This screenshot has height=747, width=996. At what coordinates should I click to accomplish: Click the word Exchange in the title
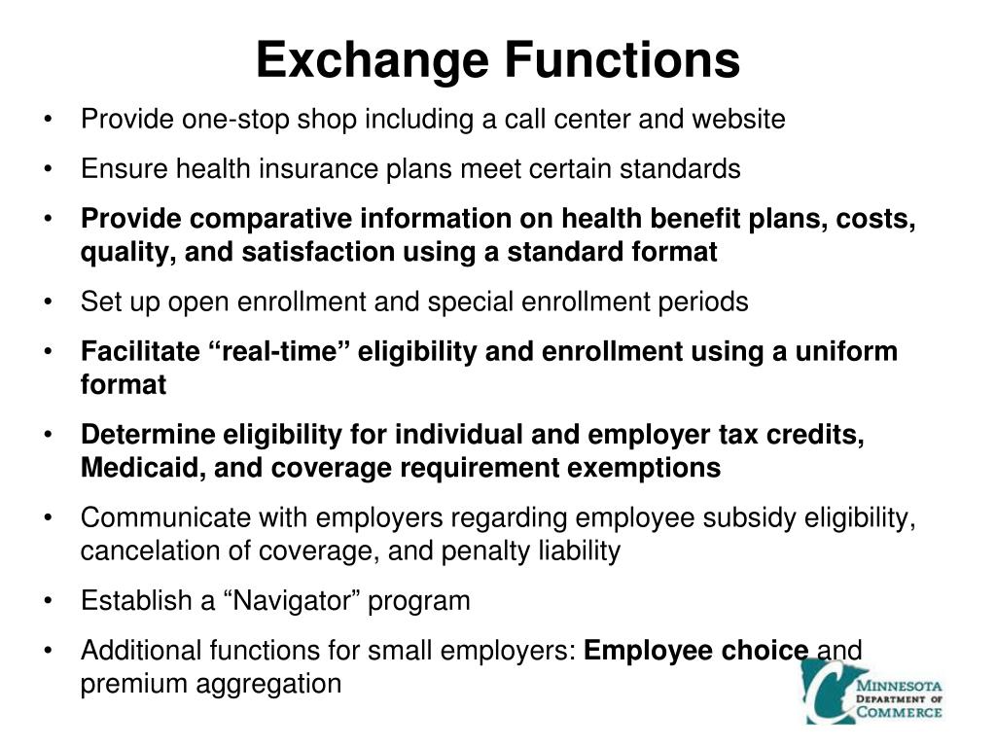(x=373, y=59)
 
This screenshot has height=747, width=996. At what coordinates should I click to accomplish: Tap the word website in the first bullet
(x=738, y=120)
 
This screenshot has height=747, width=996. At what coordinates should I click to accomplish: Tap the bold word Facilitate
(x=141, y=351)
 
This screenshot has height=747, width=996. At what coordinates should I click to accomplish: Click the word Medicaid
(x=142, y=468)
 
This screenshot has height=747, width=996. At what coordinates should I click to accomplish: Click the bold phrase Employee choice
(x=696, y=650)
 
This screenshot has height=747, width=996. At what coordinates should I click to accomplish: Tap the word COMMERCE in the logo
(x=899, y=712)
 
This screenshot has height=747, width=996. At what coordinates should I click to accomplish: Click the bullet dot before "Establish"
(x=49, y=602)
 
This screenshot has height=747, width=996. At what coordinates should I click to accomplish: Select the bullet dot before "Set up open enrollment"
(x=49, y=302)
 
